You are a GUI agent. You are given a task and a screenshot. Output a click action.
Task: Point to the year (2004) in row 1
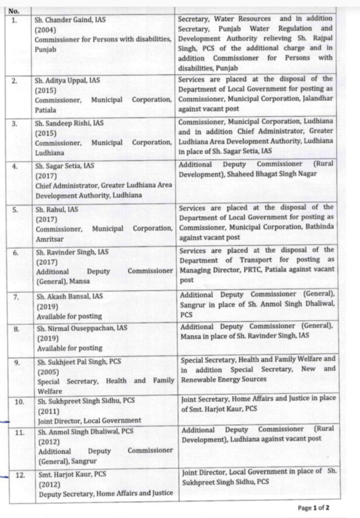[x=46, y=30]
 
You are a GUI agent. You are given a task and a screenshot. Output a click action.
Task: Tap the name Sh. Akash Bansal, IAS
[x=67, y=297]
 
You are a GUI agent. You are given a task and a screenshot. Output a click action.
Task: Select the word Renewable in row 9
[x=198, y=379]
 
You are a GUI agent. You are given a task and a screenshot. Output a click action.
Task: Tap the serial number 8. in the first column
[x=17, y=328]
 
